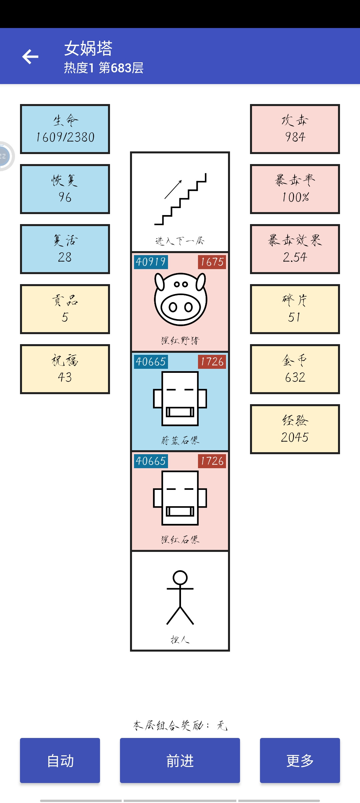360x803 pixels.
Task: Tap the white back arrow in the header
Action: click(x=30, y=56)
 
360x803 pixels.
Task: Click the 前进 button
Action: click(x=180, y=760)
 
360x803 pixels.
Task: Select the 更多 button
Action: click(x=300, y=760)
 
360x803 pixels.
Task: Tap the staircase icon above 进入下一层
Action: click(x=180, y=199)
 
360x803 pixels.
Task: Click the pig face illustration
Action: click(x=180, y=299)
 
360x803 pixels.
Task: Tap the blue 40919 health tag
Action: click(x=151, y=262)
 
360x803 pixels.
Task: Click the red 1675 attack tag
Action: click(x=212, y=262)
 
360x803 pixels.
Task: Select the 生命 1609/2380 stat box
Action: click(x=65, y=129)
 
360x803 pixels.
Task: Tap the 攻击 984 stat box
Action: click(x=295, y=129)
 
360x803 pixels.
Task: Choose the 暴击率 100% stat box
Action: click(x=295, y=189)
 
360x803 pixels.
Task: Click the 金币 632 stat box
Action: click(x=295, y=369)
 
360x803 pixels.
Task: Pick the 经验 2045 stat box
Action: click(x=295, y=429)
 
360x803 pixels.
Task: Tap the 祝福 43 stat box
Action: click(x=65, y=369)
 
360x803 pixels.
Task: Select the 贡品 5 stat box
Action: click(x=65, y=309)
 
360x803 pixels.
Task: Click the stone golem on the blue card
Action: click(x=180, y=398)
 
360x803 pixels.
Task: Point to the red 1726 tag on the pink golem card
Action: click(x=212, y=461)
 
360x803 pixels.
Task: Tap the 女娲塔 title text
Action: click(x=88, y=48)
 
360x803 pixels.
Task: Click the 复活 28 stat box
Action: click(x=65, y=249)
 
